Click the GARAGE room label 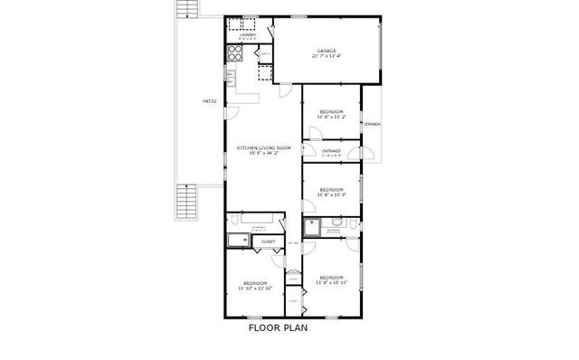(x=326, y=50)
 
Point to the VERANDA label (x=371, y=123)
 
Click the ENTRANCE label (x=331, y=151)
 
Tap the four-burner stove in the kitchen (x=234, y=53)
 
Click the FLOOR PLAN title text (x=279, y=328)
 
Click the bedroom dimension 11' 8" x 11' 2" (x=332, y=116)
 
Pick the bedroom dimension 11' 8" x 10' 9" (x=332, y=194)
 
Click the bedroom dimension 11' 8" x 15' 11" (x=330, y=281)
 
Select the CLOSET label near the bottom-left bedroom (x=269, y=242)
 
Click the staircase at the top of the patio (x=185, y=10)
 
